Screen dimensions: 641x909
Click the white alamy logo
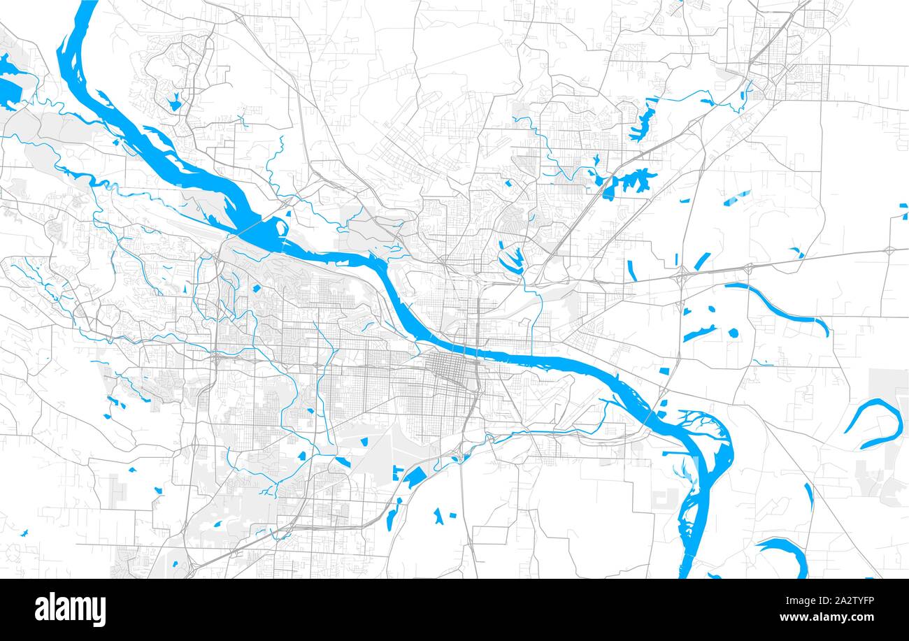(x=70, y=609)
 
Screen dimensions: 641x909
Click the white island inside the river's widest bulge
(x=280, y=227)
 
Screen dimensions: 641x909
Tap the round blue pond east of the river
(x=733, y=333)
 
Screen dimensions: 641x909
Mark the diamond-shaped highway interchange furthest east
(x=889, y=250)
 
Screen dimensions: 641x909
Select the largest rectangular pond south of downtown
(x=415, y=477)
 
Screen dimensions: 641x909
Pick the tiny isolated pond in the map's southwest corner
(x=24, y=533)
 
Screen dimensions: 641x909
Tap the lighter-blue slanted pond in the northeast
(x=733, y=199)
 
